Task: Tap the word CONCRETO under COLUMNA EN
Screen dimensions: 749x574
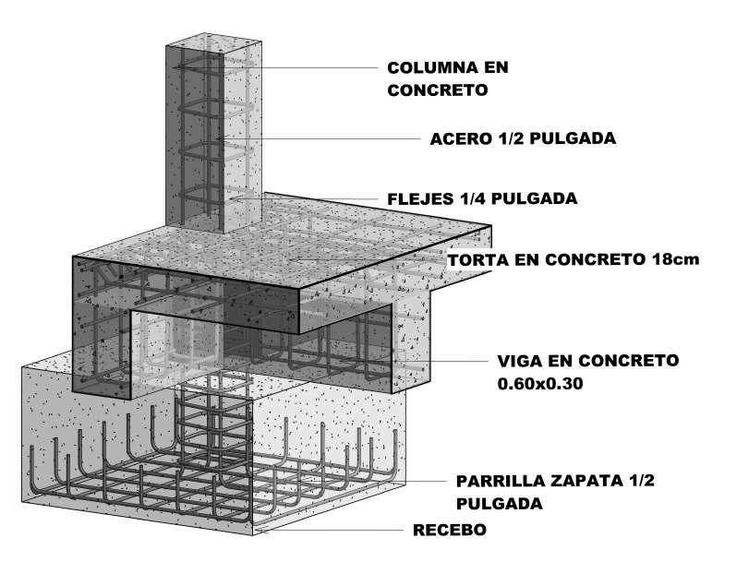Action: (x=437, y=90)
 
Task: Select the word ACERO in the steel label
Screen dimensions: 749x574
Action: (x=457, y=139)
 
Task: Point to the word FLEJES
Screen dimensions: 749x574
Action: (x=419, y=198)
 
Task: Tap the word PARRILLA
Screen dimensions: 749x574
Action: (x=501, y=482)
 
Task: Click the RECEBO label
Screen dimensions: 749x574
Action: (x=449, y=531)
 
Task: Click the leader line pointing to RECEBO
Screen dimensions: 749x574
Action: (x=332, y=531)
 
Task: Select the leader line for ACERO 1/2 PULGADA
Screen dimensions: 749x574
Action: (x=323, y=139)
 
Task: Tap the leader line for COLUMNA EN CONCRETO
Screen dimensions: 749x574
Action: (x=305, y=67)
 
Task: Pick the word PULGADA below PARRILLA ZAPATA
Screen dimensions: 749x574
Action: (x=499, y=505)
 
